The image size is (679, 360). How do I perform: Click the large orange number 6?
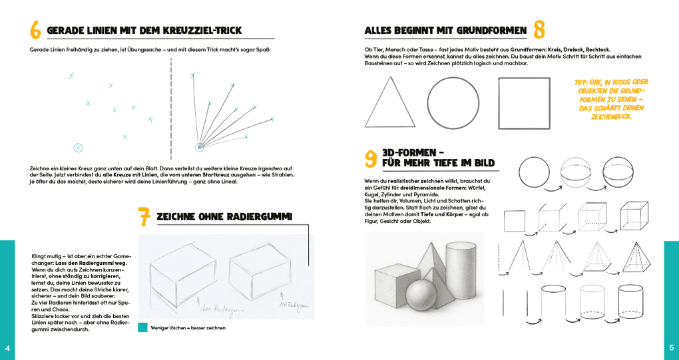tap(35, 30)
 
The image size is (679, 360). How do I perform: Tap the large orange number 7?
tap(144, 217)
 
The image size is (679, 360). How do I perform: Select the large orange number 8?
tap(539, 30)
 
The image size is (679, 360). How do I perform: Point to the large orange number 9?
tap(371, 158)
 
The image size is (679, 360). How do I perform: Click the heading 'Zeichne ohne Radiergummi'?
tap(224, 217)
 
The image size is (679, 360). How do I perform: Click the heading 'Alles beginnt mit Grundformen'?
tap(445, 31)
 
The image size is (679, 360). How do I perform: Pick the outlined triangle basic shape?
tap(389, 104)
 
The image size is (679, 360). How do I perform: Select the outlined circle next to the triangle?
tap(453, 103)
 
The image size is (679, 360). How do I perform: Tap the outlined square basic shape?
tap(524, 103)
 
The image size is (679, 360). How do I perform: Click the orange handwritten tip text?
tap(610, 99)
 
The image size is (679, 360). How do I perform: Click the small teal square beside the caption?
tap(142, 327)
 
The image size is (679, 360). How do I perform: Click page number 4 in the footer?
tap(7, 348)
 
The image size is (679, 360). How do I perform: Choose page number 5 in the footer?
tap(671, 347)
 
